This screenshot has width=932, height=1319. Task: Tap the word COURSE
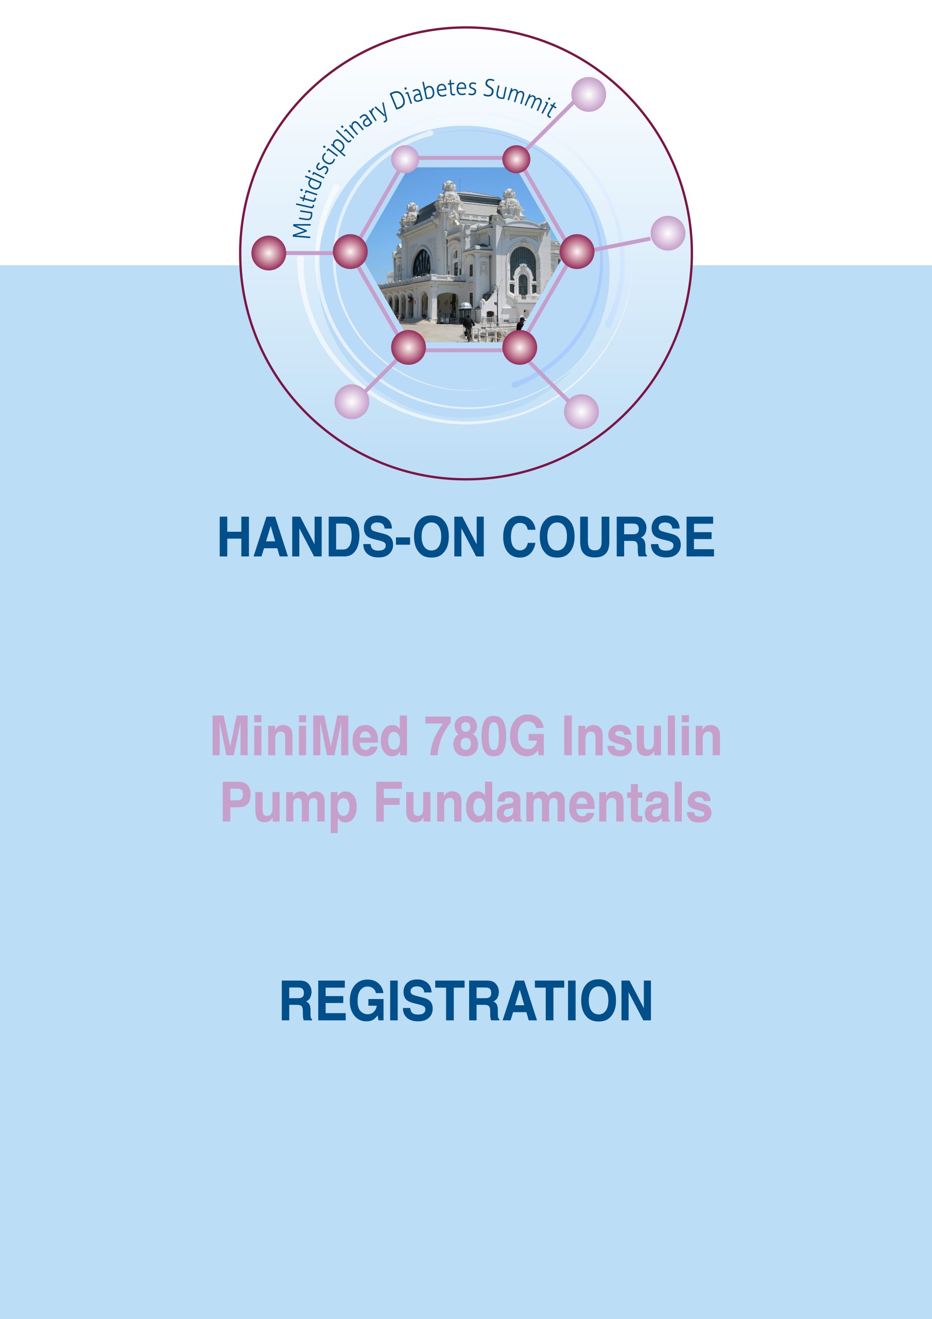(x=608, y=537)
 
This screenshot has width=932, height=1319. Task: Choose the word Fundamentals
(x=543, y=803)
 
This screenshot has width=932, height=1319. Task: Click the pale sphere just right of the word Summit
(x=589, y=94)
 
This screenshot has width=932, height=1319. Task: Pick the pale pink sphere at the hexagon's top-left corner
(x=405, y=159)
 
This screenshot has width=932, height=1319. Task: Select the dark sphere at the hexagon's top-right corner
(x=516, y=159)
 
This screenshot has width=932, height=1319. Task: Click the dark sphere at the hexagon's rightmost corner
(x=577, y=251)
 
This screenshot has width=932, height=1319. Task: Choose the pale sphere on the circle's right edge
(x=668, y=233)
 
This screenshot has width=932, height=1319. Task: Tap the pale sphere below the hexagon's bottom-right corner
(x=581, y=411)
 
